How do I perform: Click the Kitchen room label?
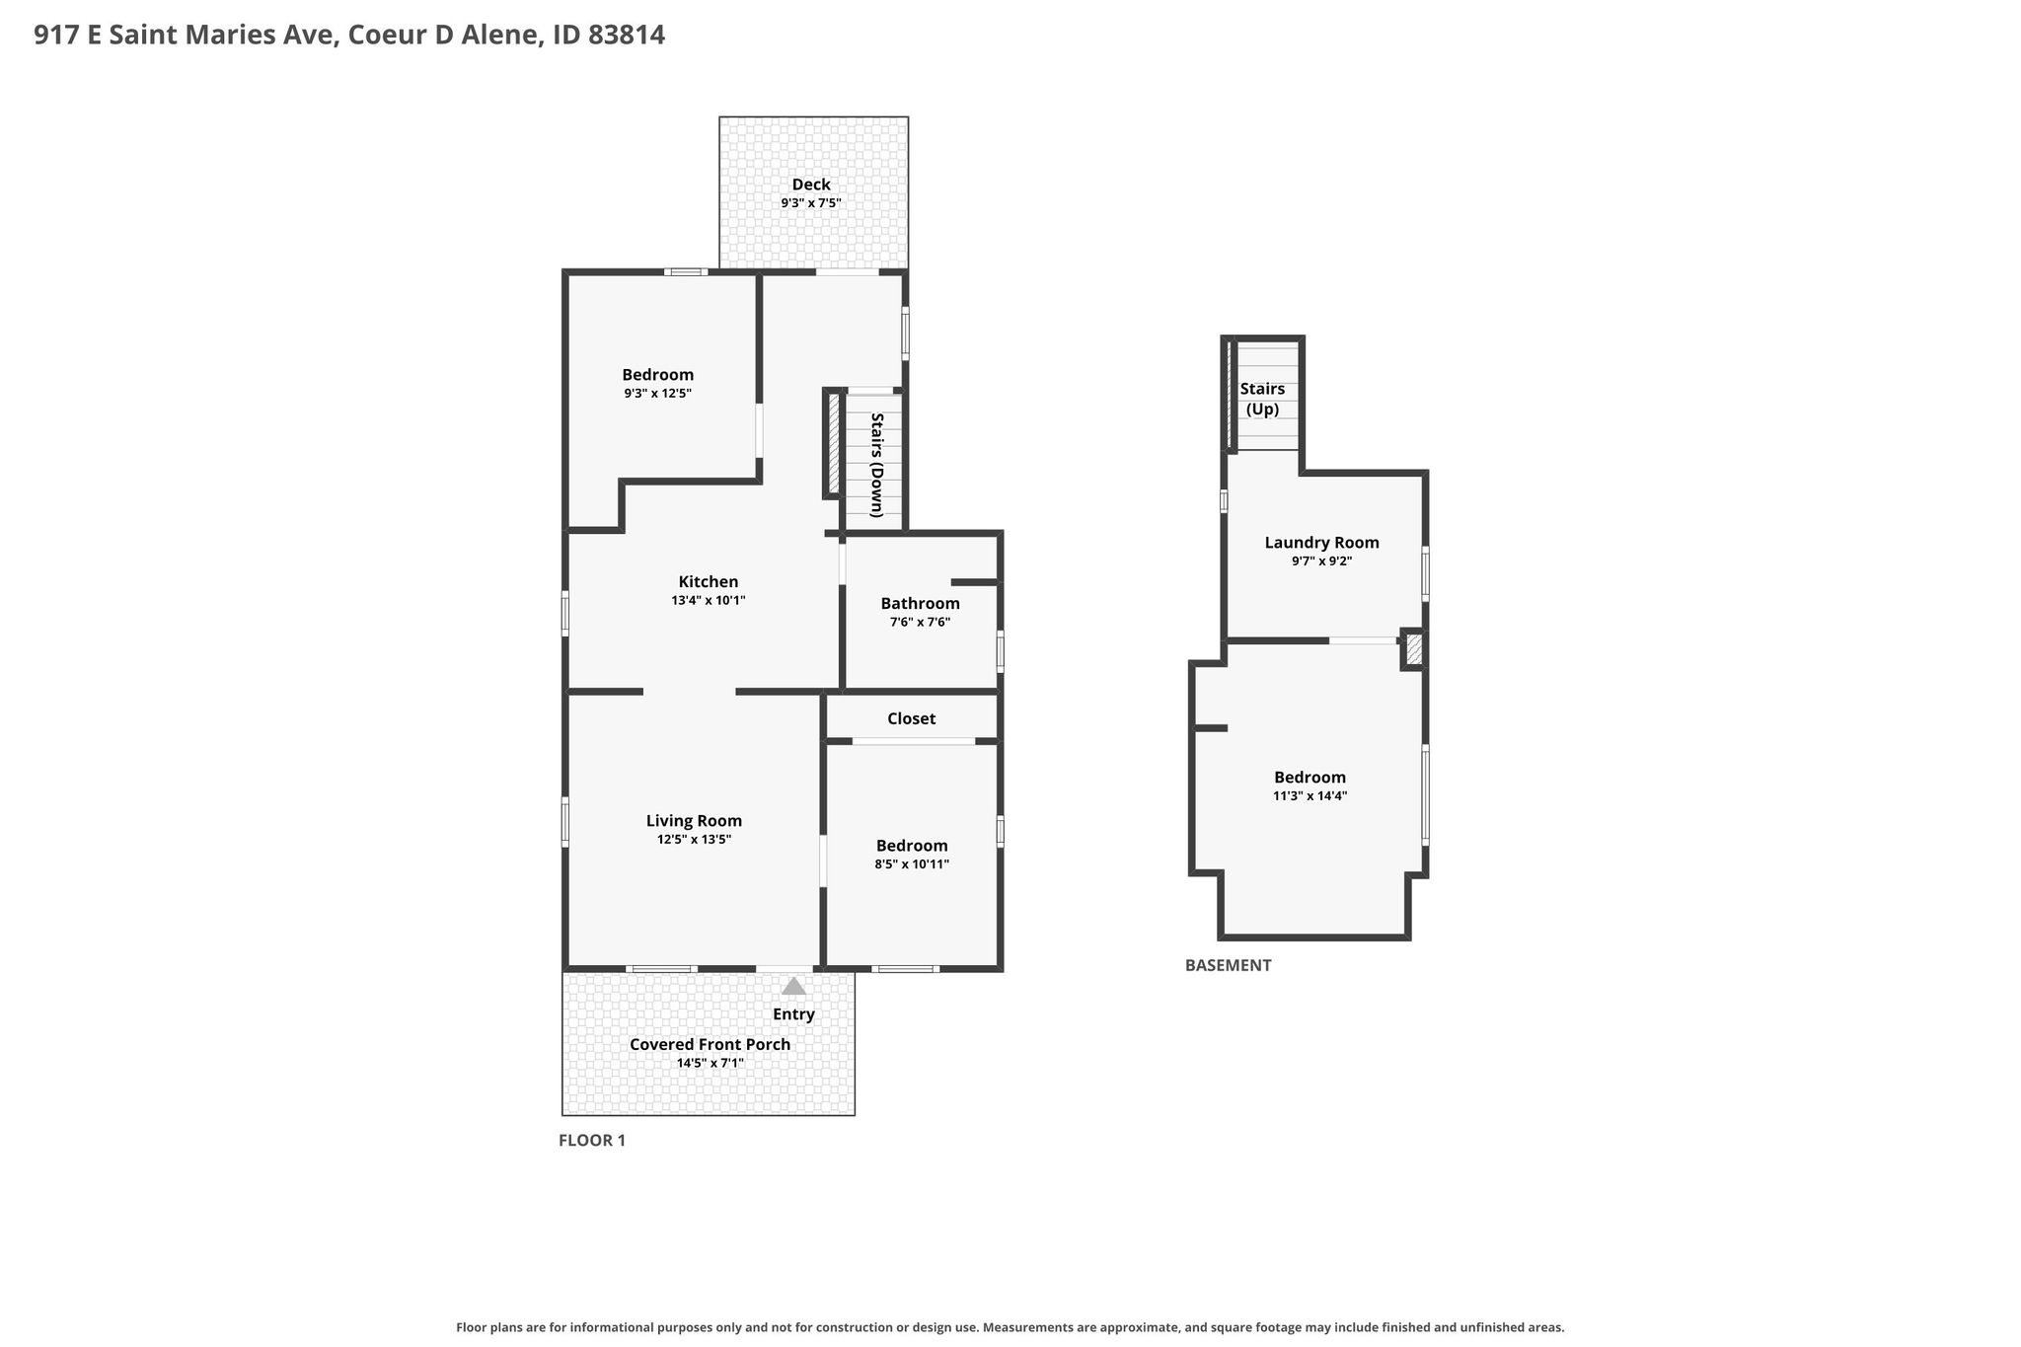[708, 582]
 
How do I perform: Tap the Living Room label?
[694, 821]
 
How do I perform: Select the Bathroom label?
[920, 604]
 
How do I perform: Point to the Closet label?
[911, 718]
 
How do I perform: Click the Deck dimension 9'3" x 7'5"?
[811, 203]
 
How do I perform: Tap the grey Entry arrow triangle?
[793, 986]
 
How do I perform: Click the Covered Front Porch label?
[710, 1044]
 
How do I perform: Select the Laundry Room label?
[1321, 543]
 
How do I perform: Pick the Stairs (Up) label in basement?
[1262, 399]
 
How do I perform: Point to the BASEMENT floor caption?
[1228, 965]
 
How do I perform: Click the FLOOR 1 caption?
[592, 1141]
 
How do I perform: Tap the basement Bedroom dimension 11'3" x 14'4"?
[1310, 796]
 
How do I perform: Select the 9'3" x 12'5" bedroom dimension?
[657, 394]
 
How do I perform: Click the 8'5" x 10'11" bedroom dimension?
[912, 864]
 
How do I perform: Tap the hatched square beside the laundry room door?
[1414, 649]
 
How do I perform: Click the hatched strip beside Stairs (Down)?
[834, 444]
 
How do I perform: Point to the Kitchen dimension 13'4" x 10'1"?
[708, 600]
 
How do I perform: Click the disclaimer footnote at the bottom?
[1010, 1328]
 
